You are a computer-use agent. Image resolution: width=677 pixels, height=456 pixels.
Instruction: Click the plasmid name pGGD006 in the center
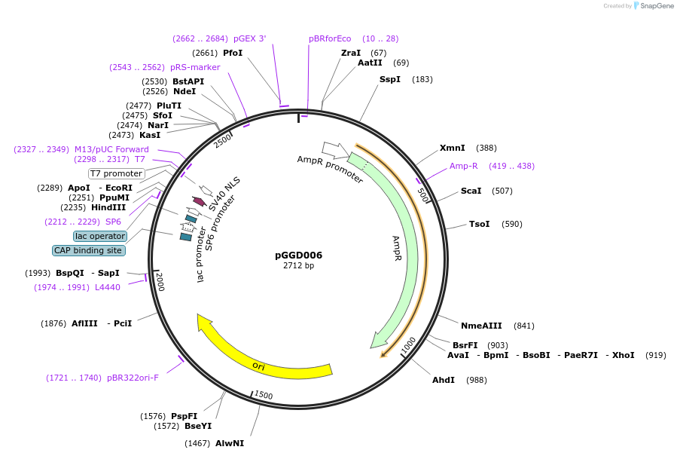(298, 255)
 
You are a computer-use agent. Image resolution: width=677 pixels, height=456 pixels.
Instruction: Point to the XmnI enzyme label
(452, 148)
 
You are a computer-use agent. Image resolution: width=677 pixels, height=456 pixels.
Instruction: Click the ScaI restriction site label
(471, 191)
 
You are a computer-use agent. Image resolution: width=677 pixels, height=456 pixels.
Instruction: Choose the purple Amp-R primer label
(463, 166)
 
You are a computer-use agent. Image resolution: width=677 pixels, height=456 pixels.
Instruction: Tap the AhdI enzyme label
(443, 380)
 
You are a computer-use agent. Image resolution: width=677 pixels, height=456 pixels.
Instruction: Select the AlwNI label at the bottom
(230, 443)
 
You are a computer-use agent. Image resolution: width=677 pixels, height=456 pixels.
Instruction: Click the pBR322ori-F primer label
(133, 378)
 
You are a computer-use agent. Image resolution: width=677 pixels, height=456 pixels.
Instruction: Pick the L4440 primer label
(108, 287)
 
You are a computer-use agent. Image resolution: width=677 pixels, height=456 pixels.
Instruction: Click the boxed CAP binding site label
(88, 250)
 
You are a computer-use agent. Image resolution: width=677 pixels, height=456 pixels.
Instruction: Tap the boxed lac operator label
(100, 236)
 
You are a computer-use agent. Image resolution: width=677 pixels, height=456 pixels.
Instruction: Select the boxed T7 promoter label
(116, 173)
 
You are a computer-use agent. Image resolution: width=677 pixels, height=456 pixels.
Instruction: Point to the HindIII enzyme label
(108, 207)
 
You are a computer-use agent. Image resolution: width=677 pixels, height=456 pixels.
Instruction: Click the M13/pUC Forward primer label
(111, 149)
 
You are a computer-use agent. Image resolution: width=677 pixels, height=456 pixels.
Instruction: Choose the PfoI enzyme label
(233, 53)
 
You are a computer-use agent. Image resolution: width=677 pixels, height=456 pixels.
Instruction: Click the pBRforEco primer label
(330, 38)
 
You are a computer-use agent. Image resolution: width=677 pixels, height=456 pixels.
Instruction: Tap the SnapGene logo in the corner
(653, 6)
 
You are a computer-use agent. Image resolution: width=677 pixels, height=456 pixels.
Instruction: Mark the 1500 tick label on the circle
(264, 395)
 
